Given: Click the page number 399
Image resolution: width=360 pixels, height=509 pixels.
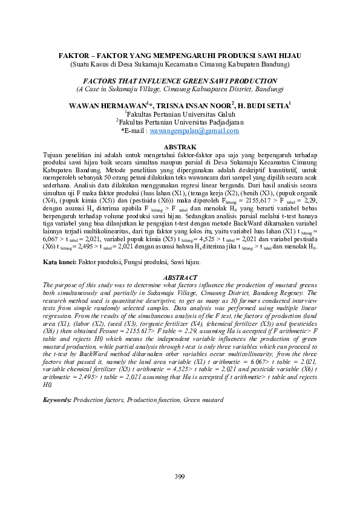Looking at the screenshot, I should tap(179, 477).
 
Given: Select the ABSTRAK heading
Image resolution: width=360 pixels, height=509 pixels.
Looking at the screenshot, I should tap(180, 147).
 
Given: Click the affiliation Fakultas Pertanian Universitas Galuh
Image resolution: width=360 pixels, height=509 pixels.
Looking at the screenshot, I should tap(180, 113).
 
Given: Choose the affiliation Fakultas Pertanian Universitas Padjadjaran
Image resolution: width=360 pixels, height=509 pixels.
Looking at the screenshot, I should tap(180, 122).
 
